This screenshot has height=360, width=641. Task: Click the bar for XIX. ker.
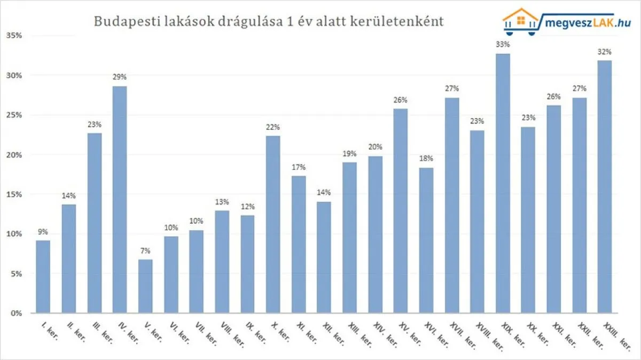(503, 183)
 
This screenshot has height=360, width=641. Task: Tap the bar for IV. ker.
(120, 199)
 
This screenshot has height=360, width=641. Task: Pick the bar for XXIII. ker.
(605, 186)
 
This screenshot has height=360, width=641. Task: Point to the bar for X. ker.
(273, 224)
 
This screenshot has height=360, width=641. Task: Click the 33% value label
(503, 45)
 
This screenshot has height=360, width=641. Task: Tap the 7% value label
(145, 251)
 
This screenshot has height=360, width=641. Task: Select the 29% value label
(120, 77)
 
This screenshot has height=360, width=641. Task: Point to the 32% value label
(605, 52)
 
